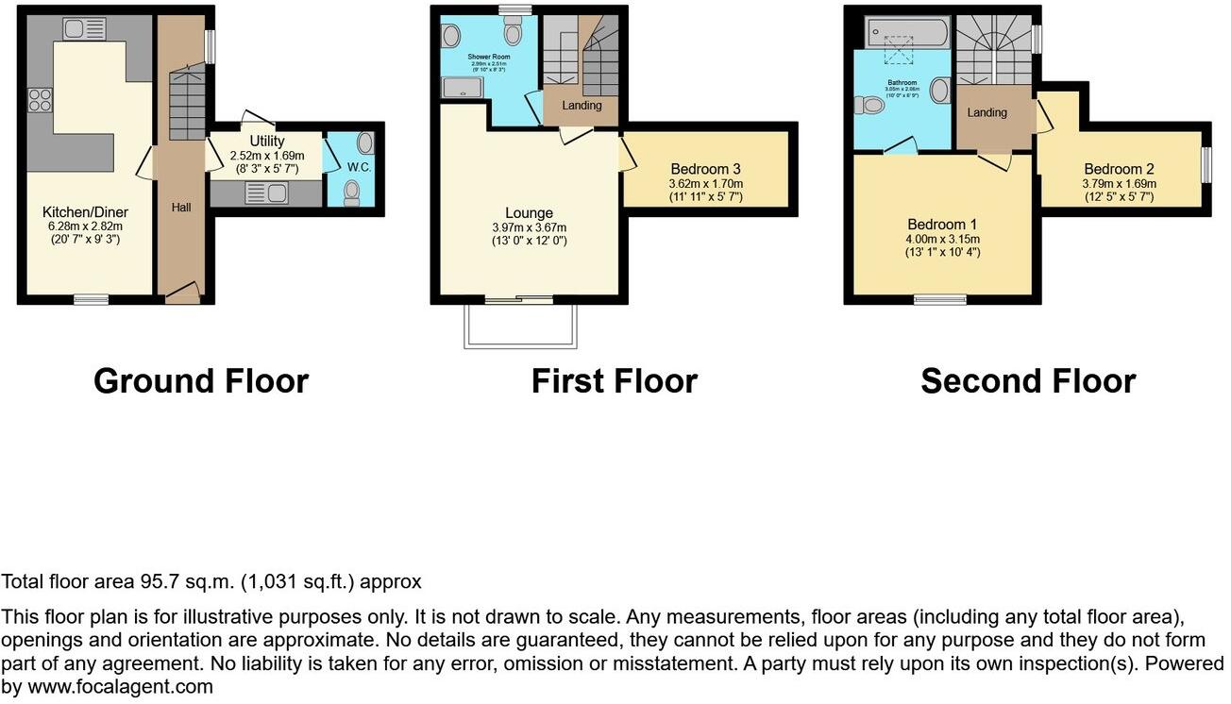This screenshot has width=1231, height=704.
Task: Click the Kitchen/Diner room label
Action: (85, 212)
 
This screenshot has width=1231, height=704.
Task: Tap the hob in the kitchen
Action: (41, 99)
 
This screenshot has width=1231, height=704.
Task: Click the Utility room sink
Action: (264, 193)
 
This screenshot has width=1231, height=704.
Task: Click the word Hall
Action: (181, 206)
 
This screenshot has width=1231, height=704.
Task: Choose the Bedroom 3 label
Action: (705, 170)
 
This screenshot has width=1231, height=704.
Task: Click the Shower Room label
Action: (488, 57)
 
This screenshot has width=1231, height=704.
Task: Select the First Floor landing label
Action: (582, 105)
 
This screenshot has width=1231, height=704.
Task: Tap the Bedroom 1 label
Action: (941, 225)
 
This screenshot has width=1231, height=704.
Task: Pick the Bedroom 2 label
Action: (1119, 170)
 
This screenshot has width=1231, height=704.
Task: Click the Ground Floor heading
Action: (201, 381)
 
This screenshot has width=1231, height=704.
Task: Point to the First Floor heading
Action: (614, 381)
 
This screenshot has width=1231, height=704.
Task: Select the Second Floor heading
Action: (1028, 381)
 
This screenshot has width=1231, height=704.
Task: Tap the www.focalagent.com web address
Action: (120, 687)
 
